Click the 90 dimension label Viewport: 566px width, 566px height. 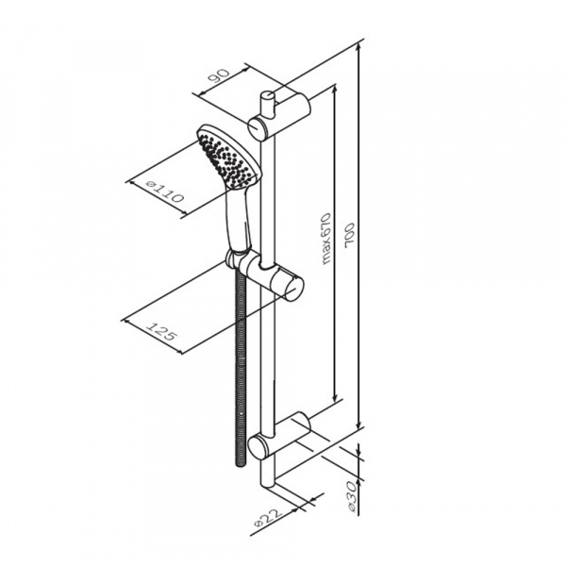pos(219,76)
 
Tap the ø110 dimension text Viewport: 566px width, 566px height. pos(165,191)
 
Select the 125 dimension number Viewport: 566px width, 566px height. pos(162,332)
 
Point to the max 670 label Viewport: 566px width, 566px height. pos(326,239)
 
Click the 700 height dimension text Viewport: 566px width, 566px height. pos(349,235)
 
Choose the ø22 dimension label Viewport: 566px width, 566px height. pos(268,518)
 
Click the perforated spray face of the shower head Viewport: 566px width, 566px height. pos(225,160)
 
